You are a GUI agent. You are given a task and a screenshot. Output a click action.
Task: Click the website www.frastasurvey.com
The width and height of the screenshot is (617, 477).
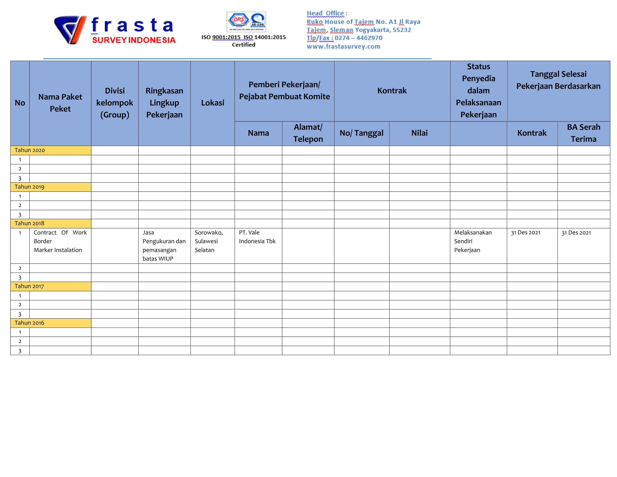tap(343, 46)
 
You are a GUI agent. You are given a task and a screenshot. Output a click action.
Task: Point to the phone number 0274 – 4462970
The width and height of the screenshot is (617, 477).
tap(358, 38)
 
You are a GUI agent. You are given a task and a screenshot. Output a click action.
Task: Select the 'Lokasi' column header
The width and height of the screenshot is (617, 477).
tap(212, 103)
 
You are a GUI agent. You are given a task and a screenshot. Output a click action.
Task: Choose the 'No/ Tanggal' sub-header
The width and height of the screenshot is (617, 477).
tap(361, 133)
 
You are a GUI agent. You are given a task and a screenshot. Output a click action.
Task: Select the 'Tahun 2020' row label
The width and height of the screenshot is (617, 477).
tap(30, 150)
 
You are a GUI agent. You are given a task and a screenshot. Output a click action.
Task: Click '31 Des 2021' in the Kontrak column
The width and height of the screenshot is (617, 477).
tap(525, 233)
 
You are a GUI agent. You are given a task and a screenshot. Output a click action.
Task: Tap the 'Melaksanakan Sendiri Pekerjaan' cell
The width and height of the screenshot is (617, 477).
tap(473, 241)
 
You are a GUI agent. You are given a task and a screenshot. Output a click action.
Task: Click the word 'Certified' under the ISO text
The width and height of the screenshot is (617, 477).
tap(243, 45)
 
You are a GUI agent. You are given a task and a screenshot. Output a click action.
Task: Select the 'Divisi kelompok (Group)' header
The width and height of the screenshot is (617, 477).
tap(114, 103)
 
